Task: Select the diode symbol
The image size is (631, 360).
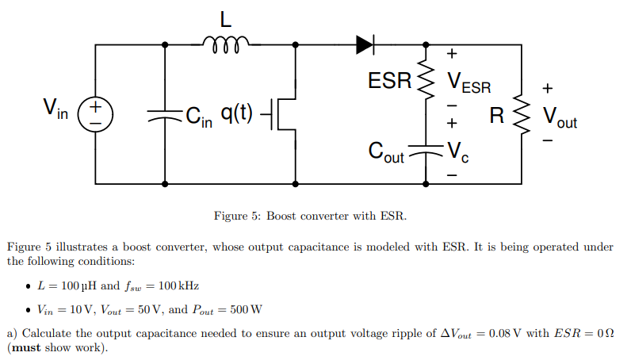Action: click(x=365, y=44)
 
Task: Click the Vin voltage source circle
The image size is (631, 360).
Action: click(x=94, y=114)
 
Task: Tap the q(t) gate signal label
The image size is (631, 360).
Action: click(x=237, y=113)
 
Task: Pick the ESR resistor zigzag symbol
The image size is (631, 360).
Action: click(x=429, y=79)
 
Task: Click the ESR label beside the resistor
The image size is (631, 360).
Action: click(x=390, y=81)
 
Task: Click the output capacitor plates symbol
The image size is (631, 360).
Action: click(x=429, y=148)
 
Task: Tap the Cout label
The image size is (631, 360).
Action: click(x=387, y=153)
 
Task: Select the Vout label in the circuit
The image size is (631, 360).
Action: click(x=560, y=118)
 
